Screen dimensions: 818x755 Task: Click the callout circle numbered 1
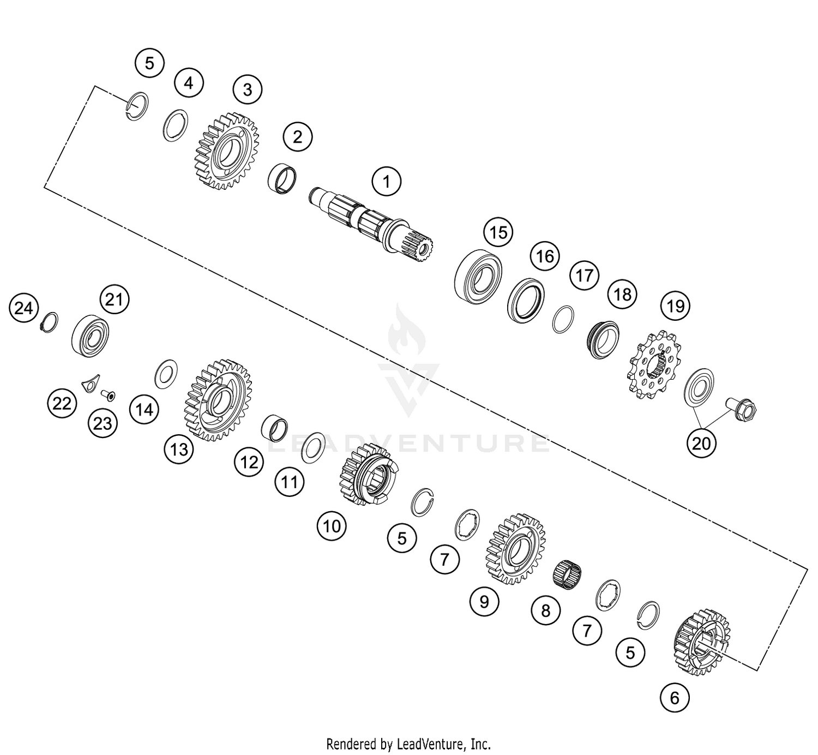pyautogui.click(x=387, y=181)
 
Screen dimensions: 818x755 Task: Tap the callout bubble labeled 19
pyautogui.click(x=676, y=305)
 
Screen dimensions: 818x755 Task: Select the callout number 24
pyautogui.click(x=23, y=309)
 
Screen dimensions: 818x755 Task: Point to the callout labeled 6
pyautogui.click(x=675, y=698)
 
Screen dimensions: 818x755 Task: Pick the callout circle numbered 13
pyautogui.click(x=179, y=450)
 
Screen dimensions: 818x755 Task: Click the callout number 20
pyautogui.click(x=701, y=443)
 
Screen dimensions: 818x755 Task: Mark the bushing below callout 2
pyautogui.click(x=284, y=177)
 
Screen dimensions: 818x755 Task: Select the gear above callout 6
pyautogui.click(x=702, y=642)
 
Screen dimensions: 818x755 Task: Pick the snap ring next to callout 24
pyautogui.click(x=50, y=323)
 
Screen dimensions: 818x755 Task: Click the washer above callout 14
pyautogui.click(x=166, y=374)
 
